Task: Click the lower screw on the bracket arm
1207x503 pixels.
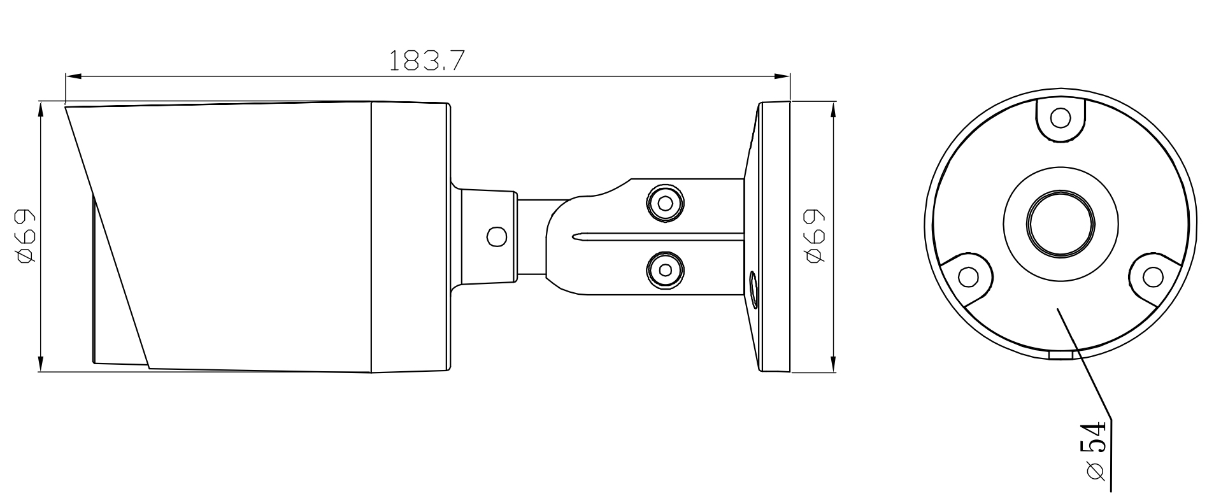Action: (x=665, y=269)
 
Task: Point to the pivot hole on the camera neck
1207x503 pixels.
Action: (x=496, y=236)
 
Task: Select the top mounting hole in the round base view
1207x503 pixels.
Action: (x=1060, y=118)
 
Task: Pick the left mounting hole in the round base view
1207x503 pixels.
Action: (x=968, y=277)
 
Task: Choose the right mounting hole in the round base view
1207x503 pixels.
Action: (x=1152, y=276)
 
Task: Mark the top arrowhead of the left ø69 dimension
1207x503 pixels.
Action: (x=41, y=109)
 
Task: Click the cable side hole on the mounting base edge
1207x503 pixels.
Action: (x=753, y=290)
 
